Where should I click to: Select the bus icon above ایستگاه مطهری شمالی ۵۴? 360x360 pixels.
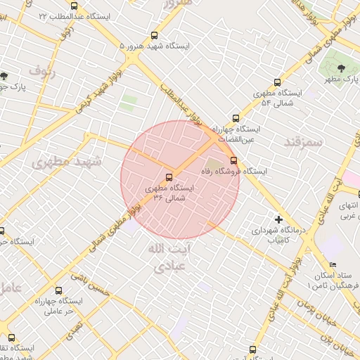277,82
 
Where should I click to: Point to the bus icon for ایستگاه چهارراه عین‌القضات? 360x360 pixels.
236,119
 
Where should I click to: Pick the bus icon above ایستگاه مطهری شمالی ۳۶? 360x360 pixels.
169,177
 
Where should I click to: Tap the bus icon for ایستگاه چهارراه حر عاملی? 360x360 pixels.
58,290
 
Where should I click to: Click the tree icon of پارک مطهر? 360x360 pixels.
341,68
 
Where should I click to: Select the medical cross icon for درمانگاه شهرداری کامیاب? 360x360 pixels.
278,219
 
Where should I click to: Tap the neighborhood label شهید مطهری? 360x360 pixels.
67,162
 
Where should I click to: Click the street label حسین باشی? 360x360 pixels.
94,283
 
